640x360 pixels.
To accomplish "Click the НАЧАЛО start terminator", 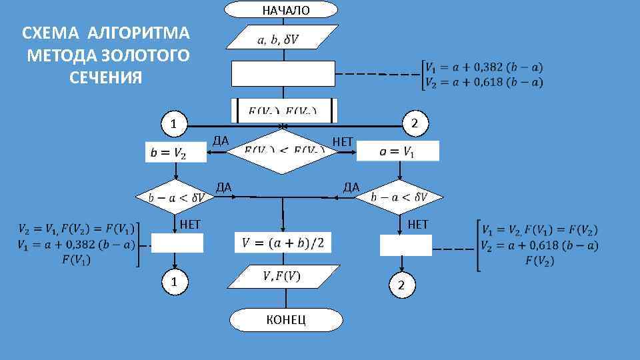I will point(281,9).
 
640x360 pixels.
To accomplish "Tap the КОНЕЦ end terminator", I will point(287,320).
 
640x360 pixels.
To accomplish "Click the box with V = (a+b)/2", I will point(283,242).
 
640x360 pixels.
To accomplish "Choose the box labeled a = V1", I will point(398,151).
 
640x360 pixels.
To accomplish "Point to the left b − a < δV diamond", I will point(175,197).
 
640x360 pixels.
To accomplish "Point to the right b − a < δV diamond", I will point(399,197).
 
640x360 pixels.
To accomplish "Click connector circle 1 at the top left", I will point(174,124).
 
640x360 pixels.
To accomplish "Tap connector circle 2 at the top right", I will point(415,124).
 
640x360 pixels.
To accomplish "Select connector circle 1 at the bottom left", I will point(174,282).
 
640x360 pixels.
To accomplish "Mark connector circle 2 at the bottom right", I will point(401,285).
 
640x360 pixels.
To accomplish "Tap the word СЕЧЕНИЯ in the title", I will point(105,77).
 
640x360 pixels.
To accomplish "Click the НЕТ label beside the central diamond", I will point(343,141).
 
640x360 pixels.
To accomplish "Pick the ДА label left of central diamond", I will point(220,141).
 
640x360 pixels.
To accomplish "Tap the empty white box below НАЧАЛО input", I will point(283,73).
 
